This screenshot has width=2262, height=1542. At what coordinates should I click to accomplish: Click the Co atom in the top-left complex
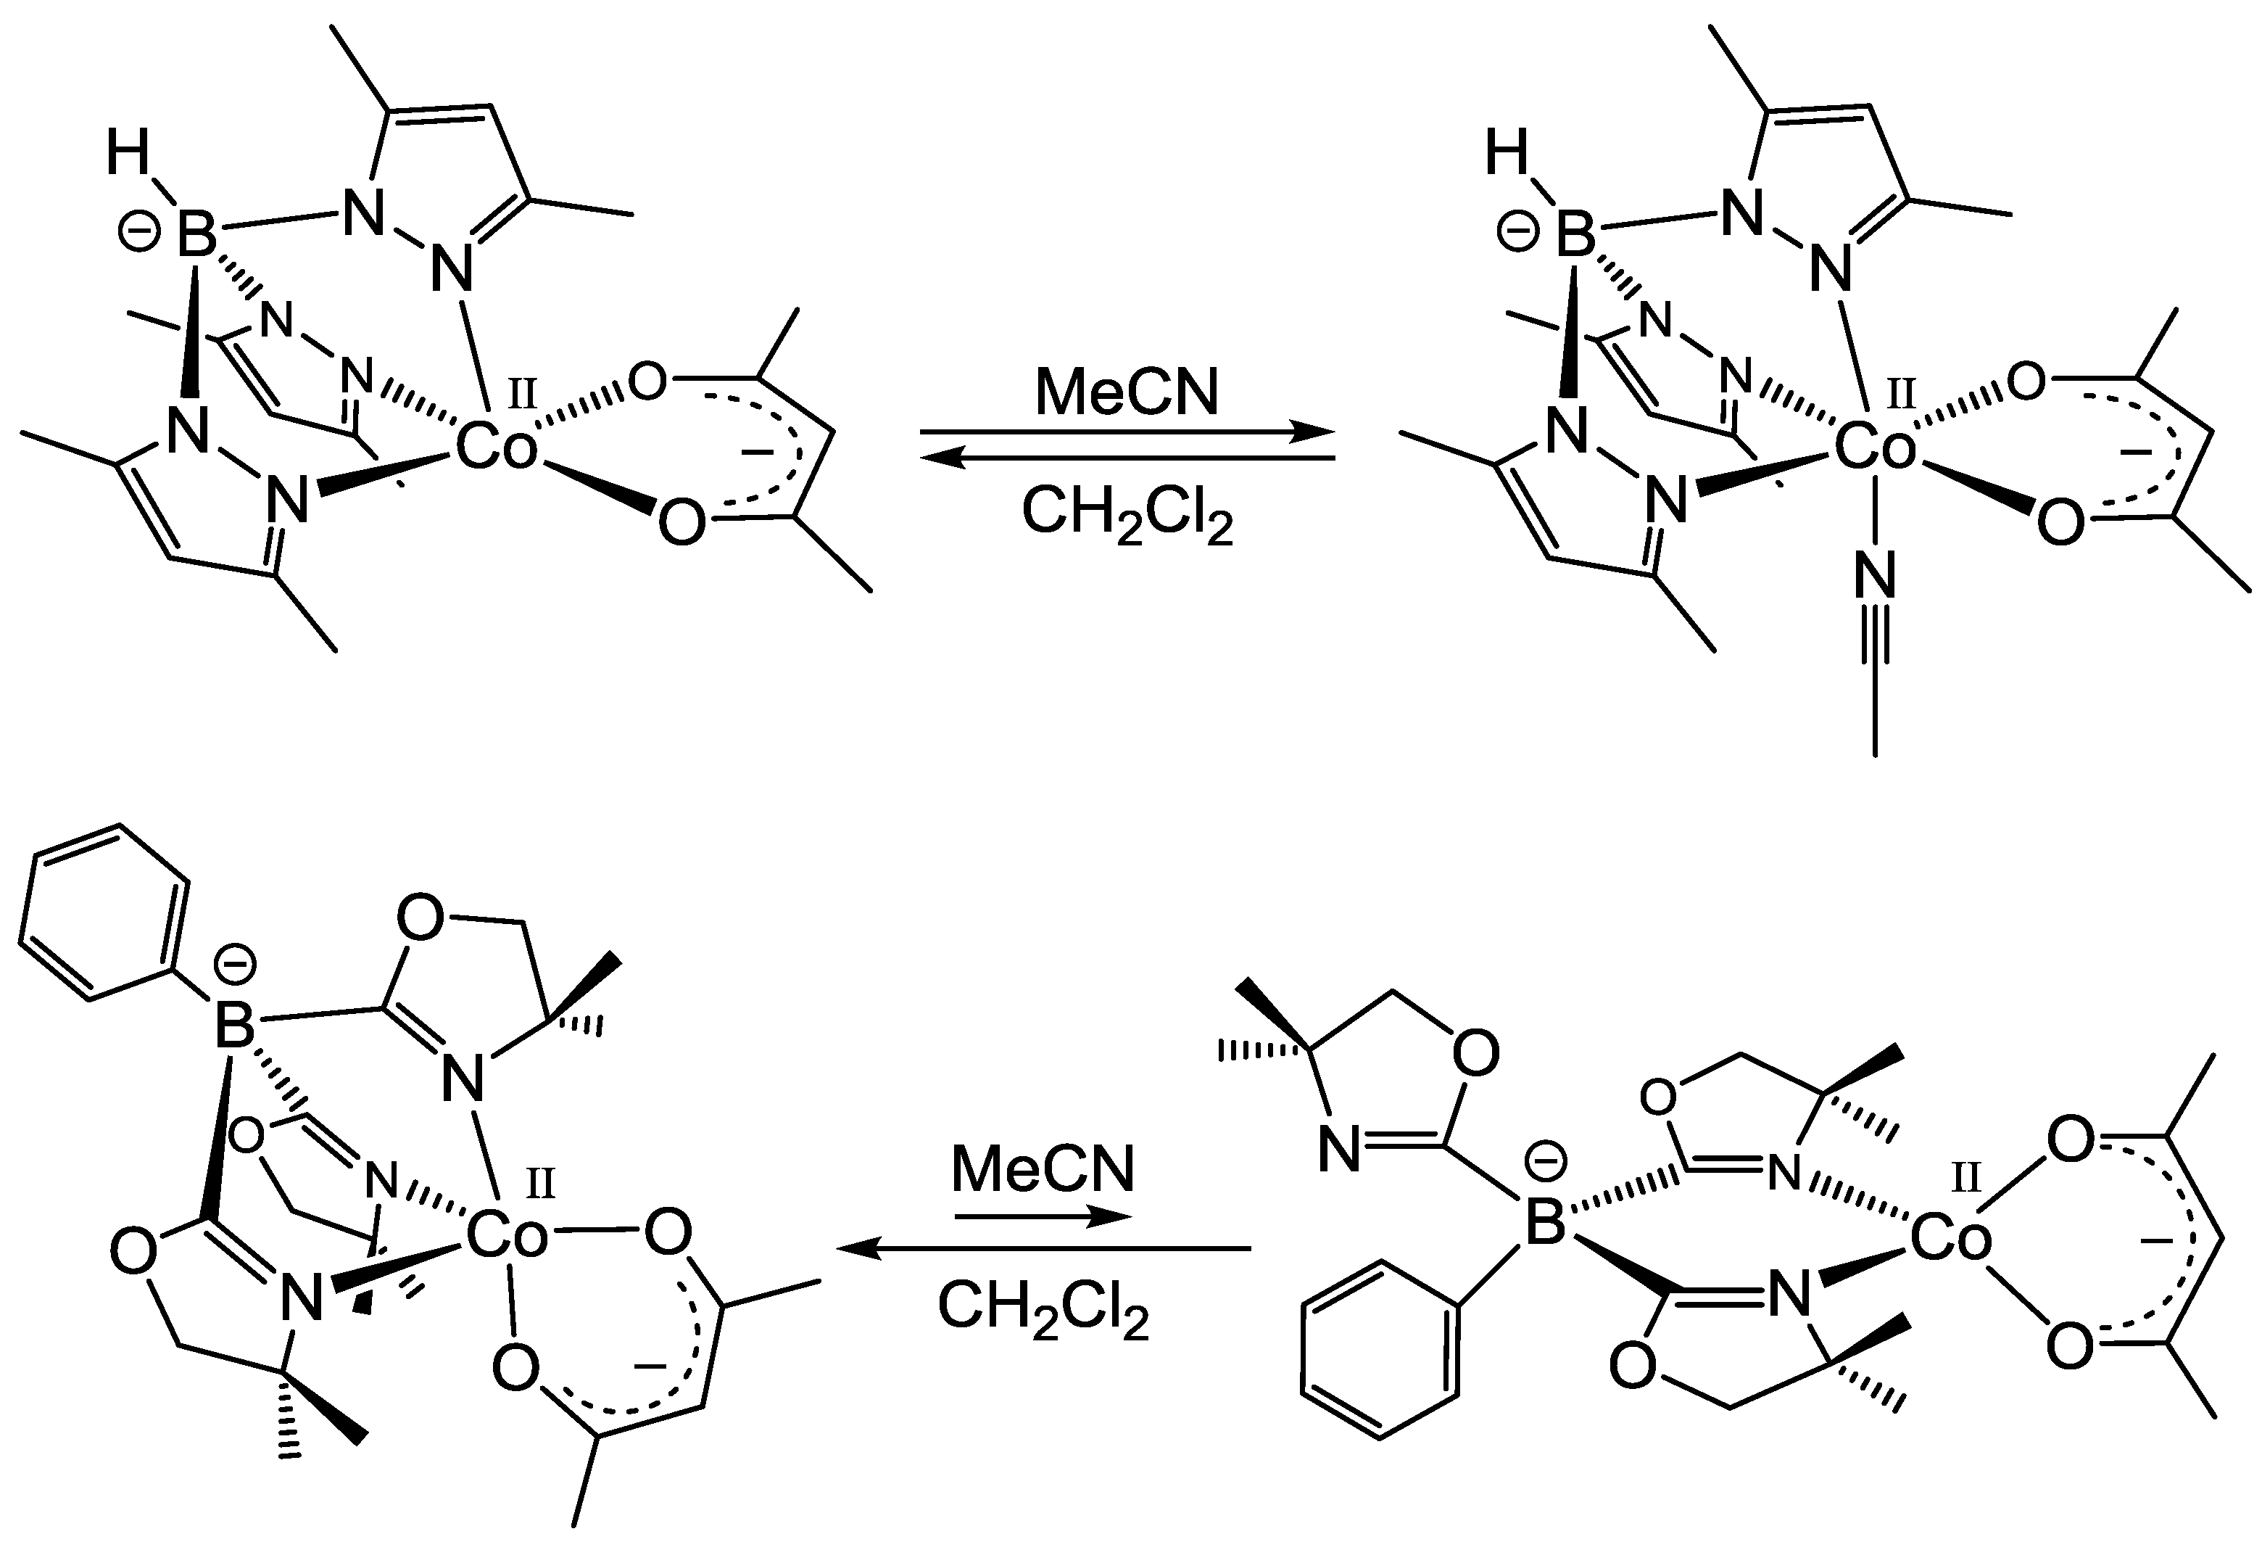pos(497,450)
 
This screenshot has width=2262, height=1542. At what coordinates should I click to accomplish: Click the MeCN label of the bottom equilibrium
pos(1043,1168)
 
